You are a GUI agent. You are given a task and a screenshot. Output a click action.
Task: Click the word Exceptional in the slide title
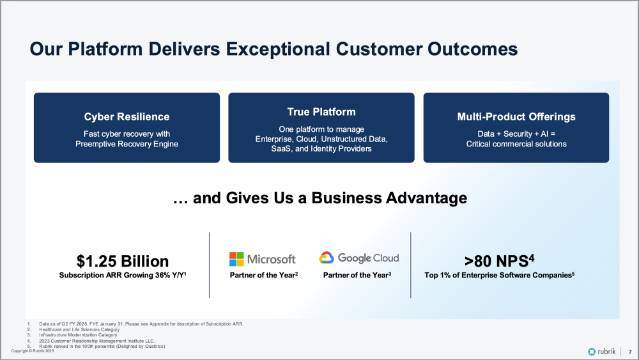point(278,49)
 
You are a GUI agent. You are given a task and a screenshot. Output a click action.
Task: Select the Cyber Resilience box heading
point(127,116)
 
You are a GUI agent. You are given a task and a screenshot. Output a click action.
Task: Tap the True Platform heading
point(321,112)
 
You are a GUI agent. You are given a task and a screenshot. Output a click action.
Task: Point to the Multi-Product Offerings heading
point(516,116)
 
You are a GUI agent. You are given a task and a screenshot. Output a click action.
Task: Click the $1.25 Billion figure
point(123,261)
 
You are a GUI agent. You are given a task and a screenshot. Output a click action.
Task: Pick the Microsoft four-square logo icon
point(236,259)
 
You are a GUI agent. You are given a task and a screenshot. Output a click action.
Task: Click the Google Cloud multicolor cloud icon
point(327,258)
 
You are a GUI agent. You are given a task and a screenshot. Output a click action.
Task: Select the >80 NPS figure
point(499,261)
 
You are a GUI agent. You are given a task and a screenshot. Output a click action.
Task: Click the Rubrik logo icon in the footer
point(592,352)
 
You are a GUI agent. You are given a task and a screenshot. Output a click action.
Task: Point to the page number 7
point(630,352)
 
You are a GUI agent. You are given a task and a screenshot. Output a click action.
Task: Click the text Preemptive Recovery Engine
point(127,144)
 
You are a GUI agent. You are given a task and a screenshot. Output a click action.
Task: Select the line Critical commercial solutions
point(516,144)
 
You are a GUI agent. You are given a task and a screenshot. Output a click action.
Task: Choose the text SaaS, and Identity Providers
point(321,149)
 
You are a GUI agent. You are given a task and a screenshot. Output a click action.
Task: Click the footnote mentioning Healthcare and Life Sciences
point(79,329)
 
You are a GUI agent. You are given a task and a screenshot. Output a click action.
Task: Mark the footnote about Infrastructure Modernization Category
point(78,334)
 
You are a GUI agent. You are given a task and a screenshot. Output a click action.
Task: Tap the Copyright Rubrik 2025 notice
point(33,350)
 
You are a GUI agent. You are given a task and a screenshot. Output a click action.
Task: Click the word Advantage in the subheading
point(426,198)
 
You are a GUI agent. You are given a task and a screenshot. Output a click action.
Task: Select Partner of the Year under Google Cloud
point(357,275)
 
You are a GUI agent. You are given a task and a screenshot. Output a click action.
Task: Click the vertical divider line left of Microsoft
point(210,265)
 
